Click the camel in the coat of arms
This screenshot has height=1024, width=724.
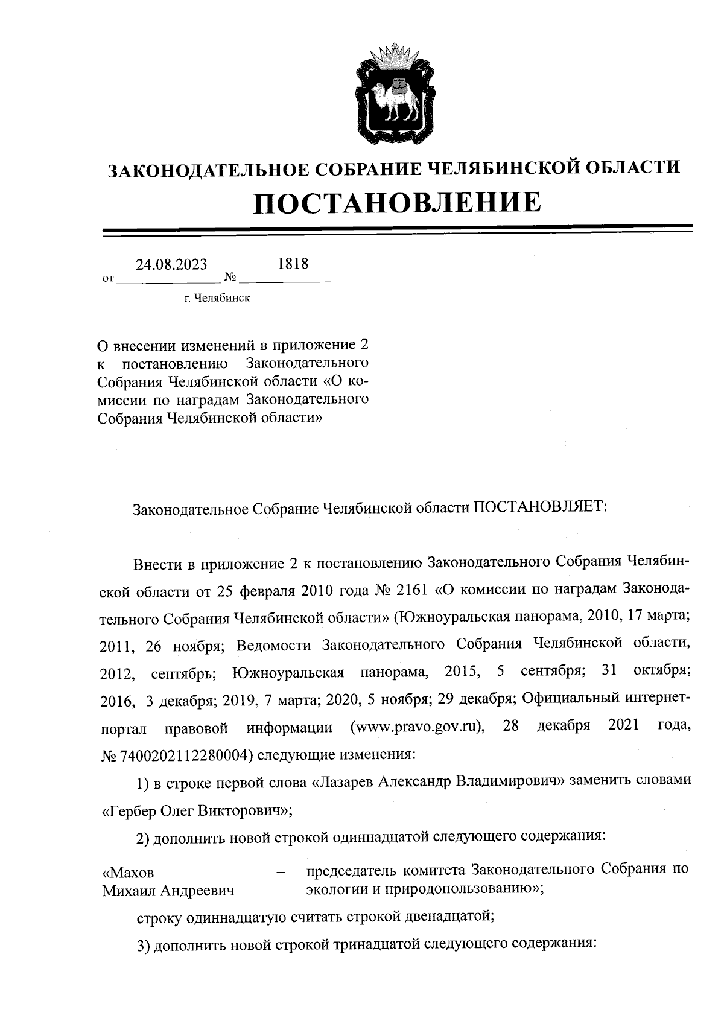[396, 100]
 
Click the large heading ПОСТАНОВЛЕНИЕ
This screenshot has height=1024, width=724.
[396, 202]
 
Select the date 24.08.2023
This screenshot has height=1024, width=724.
[171, 265]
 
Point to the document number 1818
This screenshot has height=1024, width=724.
[293, 264]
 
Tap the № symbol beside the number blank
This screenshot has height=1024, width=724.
[230, 278]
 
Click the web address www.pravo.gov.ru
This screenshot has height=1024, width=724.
[418, 727]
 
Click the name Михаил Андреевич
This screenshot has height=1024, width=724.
[168, 891]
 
